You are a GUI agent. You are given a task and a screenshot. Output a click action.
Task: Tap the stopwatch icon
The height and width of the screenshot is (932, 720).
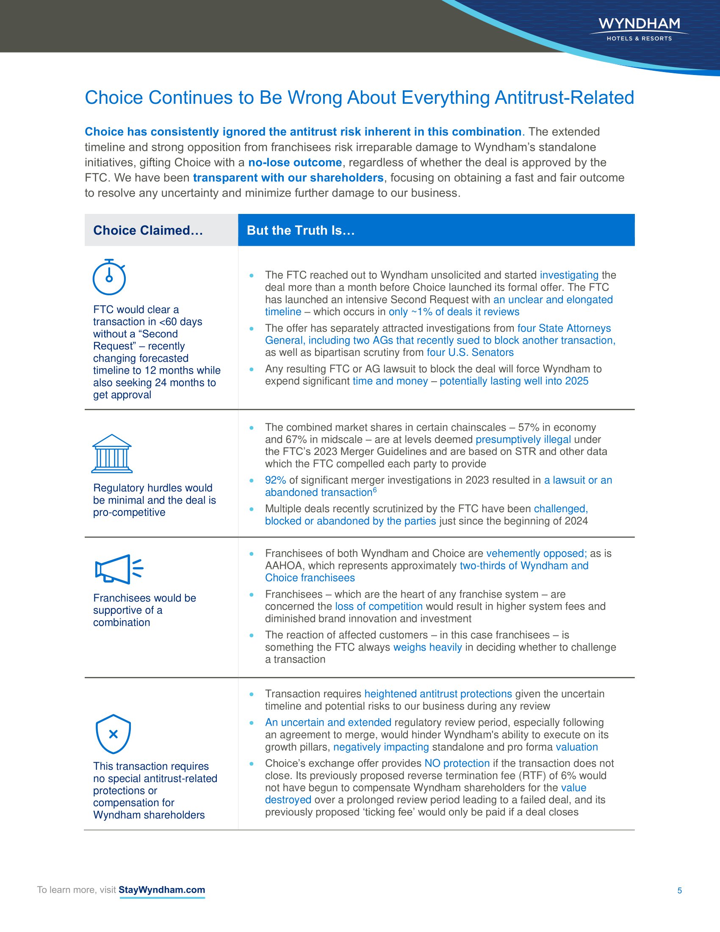tap(109, 277)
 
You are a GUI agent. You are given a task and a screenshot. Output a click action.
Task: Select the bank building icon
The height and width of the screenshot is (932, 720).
tap(112, 454)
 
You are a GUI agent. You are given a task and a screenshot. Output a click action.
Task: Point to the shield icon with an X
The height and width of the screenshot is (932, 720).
tap(113, 734)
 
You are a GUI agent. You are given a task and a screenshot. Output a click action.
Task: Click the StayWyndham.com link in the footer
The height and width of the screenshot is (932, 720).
tap(162, 890)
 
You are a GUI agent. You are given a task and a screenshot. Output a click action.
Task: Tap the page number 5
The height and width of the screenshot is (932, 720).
tap(679, 890)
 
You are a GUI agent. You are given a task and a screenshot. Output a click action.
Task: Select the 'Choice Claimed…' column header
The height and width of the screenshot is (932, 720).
tap(148, 230)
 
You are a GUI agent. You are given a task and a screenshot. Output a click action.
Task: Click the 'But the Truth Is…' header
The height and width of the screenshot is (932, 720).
tap(301, 230)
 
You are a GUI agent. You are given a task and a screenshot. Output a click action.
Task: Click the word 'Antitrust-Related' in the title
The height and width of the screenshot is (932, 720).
tap(564, 98)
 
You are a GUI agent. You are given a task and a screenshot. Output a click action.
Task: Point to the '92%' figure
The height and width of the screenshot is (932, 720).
tap(275, 480)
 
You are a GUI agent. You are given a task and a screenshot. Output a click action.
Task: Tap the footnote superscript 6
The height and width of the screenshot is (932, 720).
tap(375, 490)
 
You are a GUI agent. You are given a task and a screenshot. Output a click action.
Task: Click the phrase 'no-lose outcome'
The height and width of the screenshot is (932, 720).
tap(295, 163)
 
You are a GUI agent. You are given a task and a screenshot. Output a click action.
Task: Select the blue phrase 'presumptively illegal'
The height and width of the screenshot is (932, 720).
tap(523, 440)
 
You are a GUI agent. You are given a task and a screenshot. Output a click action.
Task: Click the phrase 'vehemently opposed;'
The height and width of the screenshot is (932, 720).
tap(536, 554)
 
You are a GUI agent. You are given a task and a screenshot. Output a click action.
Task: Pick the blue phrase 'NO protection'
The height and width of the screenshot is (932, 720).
tap(457, 763)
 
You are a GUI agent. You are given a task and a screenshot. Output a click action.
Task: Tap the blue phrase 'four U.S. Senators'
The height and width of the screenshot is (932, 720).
tap(470, 352)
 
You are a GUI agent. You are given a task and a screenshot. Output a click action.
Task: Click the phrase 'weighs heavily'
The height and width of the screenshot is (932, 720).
tap(427, 647)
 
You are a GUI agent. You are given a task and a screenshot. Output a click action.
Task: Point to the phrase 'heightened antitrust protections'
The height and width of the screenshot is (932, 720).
tap(438, 694)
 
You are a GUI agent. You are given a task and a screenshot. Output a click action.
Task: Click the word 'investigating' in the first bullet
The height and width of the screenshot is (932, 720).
tap(569, 275)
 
